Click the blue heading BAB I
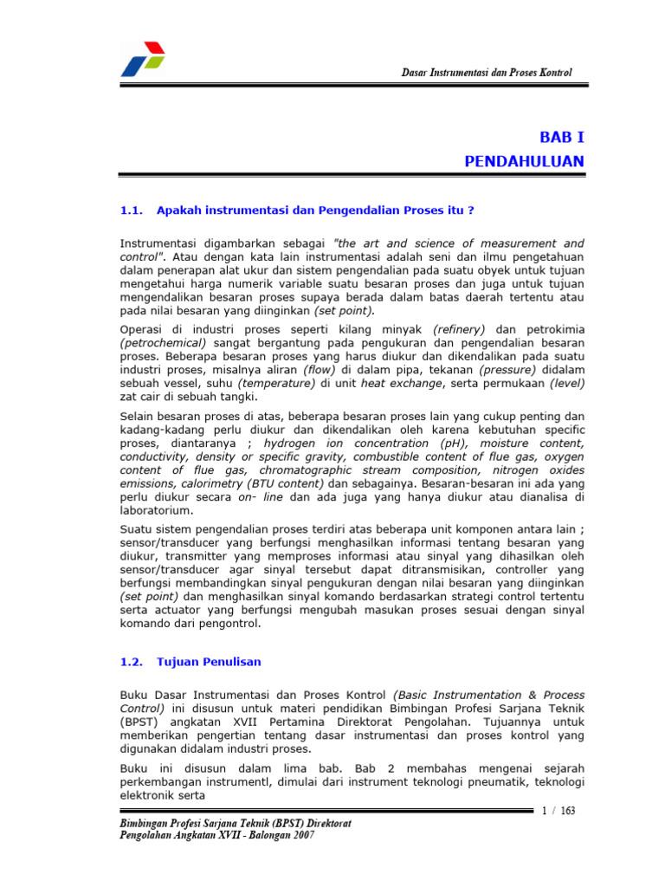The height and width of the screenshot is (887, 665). pos(562,137)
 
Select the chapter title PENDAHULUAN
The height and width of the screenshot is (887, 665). pos(524,161)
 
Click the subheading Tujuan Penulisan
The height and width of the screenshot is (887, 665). pos(209,661)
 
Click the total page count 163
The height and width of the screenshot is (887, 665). pos(568,811)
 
